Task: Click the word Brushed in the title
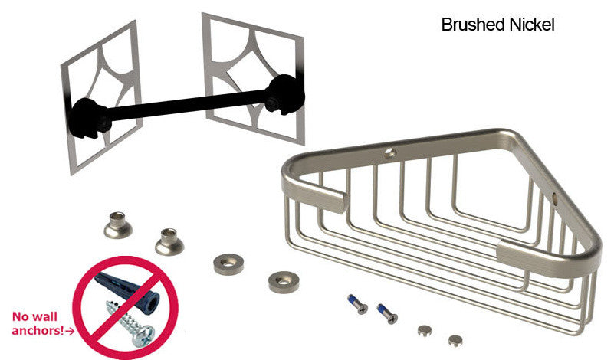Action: [473, 25]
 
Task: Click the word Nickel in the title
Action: [532, 25]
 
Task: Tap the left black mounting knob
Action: [90, 118]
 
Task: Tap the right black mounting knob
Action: [284, 94]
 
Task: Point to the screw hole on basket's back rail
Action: [389, 153]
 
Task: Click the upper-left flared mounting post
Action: [118, 225]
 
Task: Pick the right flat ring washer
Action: [284, 282]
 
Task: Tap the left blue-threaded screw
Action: [357, 304]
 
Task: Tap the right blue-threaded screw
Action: [387, 313]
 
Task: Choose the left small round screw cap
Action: [425, 331]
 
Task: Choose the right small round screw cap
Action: [455, 340]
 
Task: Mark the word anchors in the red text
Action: [38, 331]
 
